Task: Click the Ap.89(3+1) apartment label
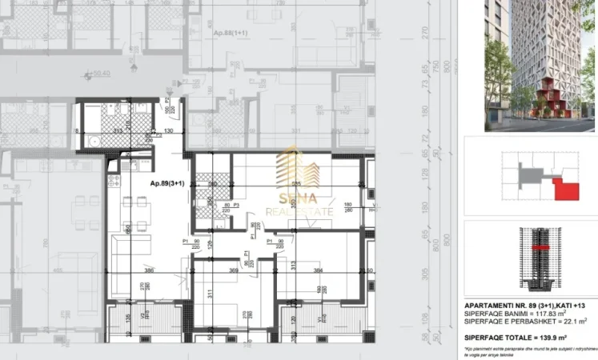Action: [167, 183]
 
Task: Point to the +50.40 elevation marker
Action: [99, 74]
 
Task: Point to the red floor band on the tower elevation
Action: [536, 250]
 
